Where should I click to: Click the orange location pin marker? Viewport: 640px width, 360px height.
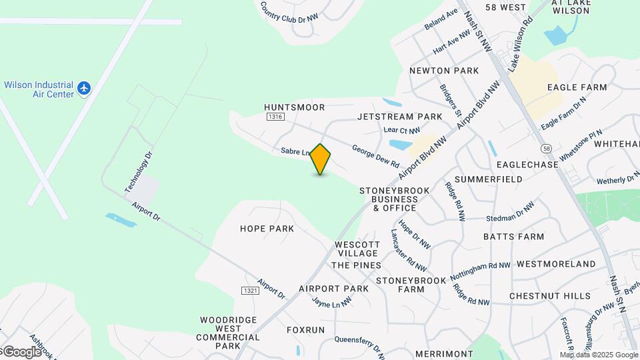tap(321, 159)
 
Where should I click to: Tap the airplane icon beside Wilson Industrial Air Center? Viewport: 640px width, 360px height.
tap(84, 88)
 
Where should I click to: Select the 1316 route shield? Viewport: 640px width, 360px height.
tap(275, 117)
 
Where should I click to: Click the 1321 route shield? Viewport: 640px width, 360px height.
tap(249, 291)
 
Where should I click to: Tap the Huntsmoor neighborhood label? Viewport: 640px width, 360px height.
tap(294, 107)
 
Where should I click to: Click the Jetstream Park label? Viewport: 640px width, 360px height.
tap(399, 117)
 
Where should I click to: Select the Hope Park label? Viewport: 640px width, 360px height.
tap(267, 228)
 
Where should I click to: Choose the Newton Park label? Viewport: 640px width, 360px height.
tap(444, 70)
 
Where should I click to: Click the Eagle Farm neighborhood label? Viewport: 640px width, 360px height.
tap(577, 87)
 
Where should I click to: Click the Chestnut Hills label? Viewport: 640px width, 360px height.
tap(549, 295)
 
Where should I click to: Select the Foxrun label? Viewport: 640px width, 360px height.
tap(305, 330)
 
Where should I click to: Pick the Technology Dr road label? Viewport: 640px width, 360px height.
tap(139, 173)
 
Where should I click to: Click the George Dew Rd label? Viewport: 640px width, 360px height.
tap(375, 157)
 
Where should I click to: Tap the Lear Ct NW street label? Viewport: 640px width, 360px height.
tap(402, 131)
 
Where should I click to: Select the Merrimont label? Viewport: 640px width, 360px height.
tap(443, 353)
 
